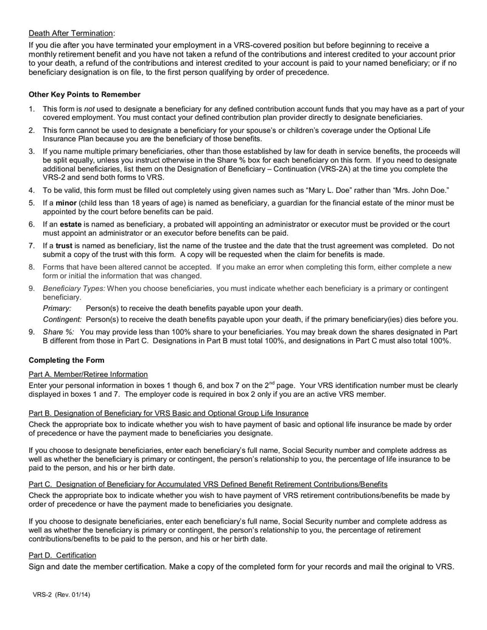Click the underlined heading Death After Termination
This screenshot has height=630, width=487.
pos(71,33)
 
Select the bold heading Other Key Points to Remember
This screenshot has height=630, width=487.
pos(85,94)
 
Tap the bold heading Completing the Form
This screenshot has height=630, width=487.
pos(66,360)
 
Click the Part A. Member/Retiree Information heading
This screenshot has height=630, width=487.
pos(88,374)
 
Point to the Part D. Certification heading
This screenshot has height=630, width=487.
pos(62,555)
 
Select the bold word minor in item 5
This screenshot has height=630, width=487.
pos(68,203)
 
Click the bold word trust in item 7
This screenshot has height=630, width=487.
pos(64,245)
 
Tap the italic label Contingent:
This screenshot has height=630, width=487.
pos(62,320)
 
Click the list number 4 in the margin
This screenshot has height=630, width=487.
pos(32,190)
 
